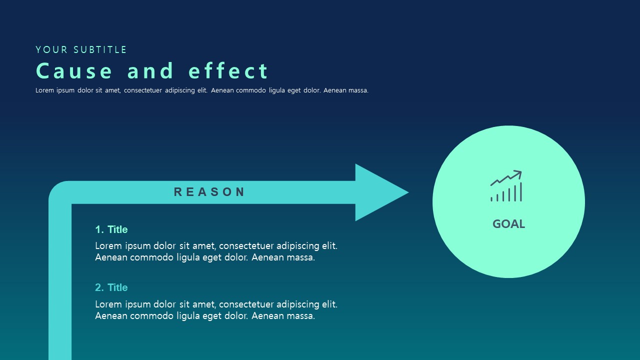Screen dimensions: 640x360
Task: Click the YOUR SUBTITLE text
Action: pyautogui.click(x=81, y=49)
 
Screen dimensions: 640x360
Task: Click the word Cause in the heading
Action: pyautogui.click(x=74, y=71)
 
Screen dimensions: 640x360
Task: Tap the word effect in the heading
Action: pyautogui.click(x=228, y=70)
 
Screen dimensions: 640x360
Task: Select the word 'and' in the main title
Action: pyautogui.click(x=150, y=70)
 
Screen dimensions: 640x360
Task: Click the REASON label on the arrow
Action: pyautogui.click(x=209, y=191)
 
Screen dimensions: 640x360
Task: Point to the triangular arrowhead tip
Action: pyautogui.click(x=408, y=192)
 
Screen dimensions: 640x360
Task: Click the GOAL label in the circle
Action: pyautogui.click(x=508, y=224)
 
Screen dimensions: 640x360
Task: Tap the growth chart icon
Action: pyautogui.click(x=506, y=186)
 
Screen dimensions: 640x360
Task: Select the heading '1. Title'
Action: pyautogui.click(x=111, y=229)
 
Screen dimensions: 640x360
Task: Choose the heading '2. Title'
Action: pyautogui.click(x=111, y=287)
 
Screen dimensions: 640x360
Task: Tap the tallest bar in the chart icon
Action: pyautogui.click(x=521, y=191)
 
